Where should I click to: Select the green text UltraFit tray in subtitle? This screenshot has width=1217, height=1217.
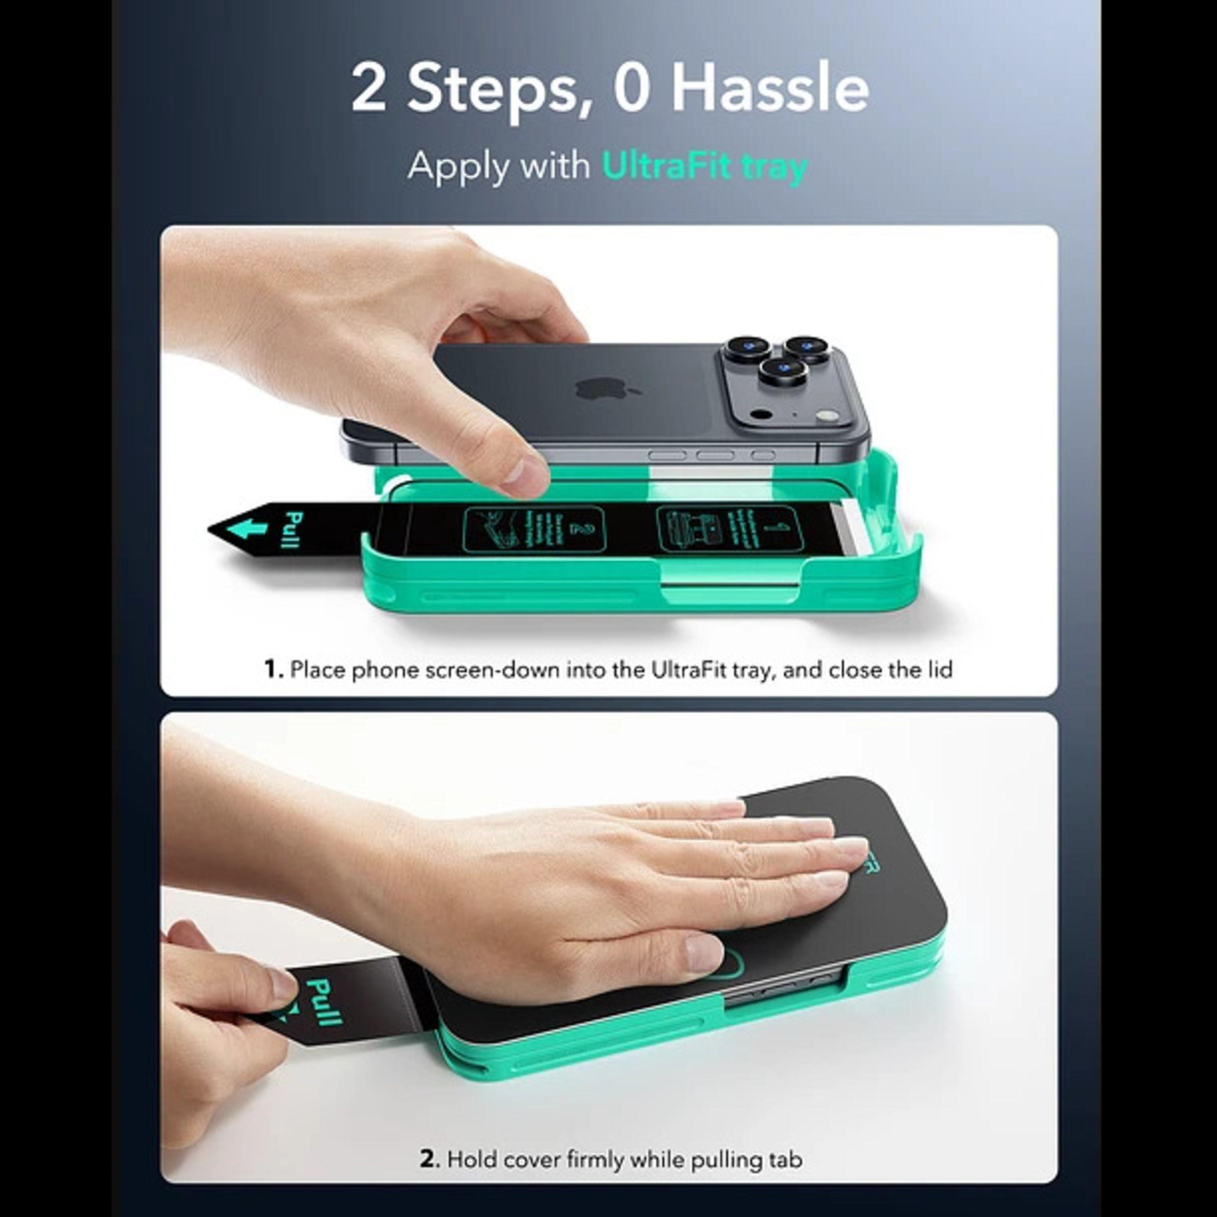(x=704, y=166)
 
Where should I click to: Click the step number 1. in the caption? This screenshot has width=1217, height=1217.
(x=274, y=669)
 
